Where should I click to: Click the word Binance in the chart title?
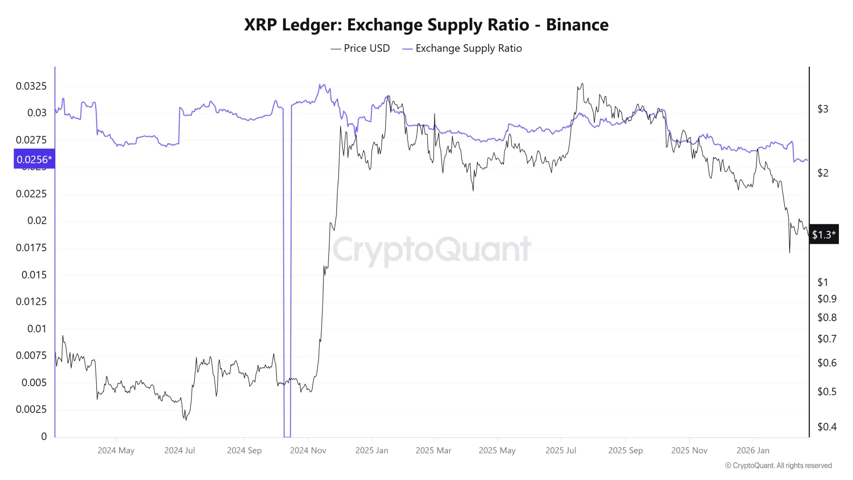click(x=577, y=25)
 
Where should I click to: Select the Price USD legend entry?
click(x=360, y=48)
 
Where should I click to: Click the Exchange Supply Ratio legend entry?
click(x=462, y=48)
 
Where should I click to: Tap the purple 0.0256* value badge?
click(x=34, y=159)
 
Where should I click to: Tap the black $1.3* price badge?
click(x=823, y=235)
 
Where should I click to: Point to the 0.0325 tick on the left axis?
click(x=31, y=86)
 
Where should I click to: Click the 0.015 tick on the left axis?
click(x=34, y=275)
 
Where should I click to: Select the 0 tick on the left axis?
click(x=44, y=436)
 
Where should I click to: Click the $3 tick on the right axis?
click(x=823, y=109)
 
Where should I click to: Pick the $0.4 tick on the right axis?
click(x=827, y=427)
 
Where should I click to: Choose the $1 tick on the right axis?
click(x=823, y=282)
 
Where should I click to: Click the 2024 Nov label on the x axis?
click(x=308, y=450)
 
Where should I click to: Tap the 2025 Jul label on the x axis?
click(x=561, y=450)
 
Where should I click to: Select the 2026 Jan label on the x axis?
click(x=753, y=450)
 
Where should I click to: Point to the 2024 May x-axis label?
click(x=116, y=450)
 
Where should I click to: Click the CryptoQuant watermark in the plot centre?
click(x=431, y=249)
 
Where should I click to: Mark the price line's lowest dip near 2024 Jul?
click(x=186, y=420)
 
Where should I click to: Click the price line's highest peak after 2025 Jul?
click(x=582, y=84)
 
